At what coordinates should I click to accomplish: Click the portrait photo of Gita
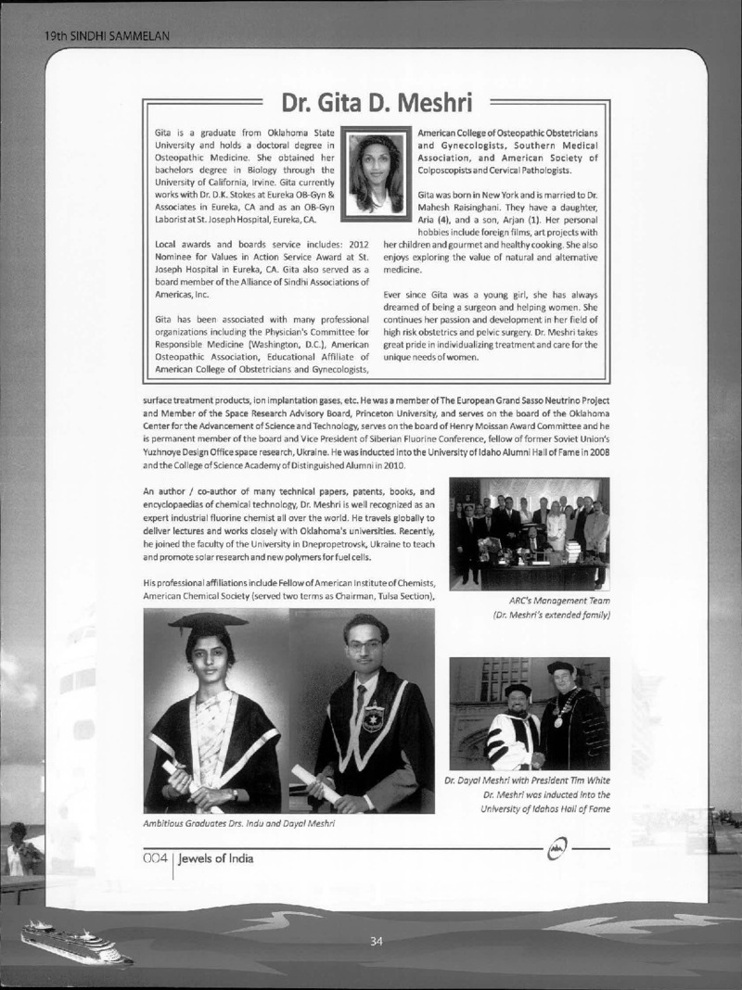coord(376,173)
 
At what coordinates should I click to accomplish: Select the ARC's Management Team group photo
coord(529,533)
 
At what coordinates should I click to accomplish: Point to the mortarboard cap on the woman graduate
coord(208,623)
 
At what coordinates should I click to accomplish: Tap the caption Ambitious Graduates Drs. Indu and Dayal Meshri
coord(238,822)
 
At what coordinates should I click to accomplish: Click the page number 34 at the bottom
coord(376,942)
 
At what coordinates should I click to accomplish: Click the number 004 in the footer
coord(154,858)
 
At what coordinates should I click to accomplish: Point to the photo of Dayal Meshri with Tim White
coord(529,714)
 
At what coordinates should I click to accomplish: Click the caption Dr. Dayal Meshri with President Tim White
coord(526,781)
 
